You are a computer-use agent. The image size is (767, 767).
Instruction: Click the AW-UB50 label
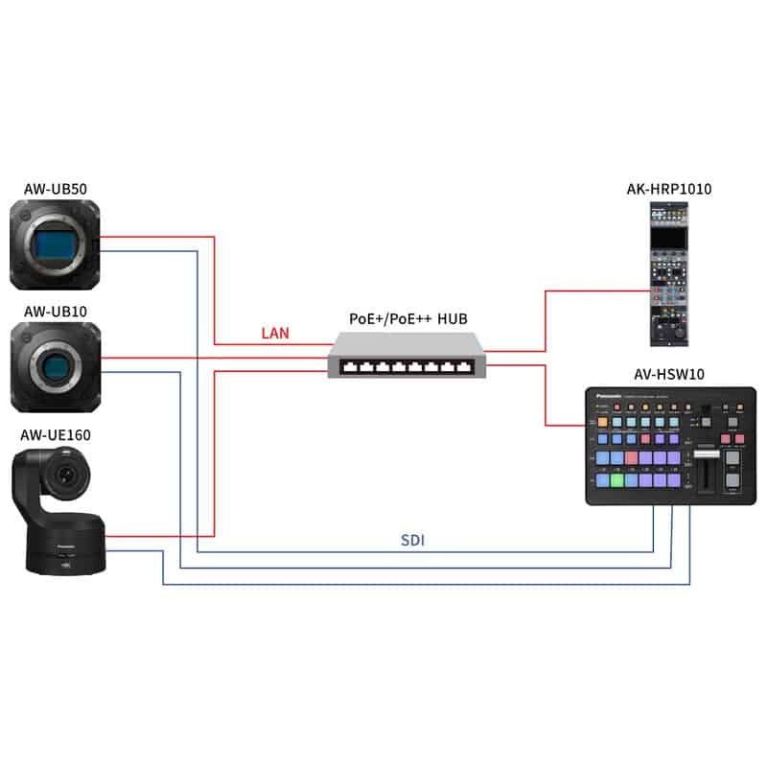tap(55, 189)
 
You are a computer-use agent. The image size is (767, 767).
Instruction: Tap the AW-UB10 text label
tap(55, 311)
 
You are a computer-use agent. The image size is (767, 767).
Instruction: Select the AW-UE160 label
tap(58, 435)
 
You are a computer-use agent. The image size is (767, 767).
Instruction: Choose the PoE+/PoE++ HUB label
tap(408, 318)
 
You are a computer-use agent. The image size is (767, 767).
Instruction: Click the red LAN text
tap(276, 335)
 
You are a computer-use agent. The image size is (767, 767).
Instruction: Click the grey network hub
tap(407, 357)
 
